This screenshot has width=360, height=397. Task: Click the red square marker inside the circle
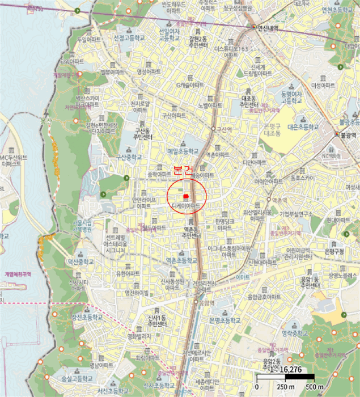click(185, 196)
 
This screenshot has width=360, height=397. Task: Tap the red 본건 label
click(184, 170)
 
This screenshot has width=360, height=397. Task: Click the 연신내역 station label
click(269, 27)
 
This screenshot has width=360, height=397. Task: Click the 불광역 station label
click(346, 135)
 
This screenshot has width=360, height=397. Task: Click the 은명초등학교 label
click(217, 320)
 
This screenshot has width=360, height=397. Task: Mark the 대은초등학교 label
click(305, 127)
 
